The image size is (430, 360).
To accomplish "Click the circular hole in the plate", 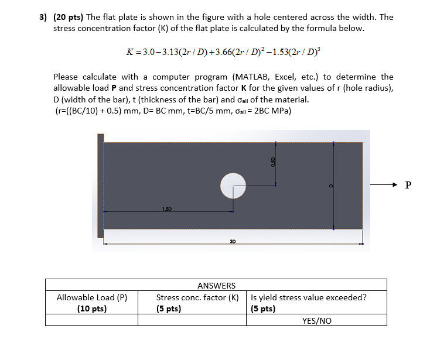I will [x=233, y=186].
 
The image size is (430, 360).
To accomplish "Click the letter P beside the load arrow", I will [x=408, y=186].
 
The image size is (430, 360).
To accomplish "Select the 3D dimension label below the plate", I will [x=233, y=240].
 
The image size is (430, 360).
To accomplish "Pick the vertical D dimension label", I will [x=330, y=186].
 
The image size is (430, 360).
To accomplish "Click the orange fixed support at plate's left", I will [x=101, y=186].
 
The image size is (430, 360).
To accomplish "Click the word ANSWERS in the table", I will [x=216, y=286].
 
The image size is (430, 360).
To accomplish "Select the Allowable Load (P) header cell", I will [x=92, y=303].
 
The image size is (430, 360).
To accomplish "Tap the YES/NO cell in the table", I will [x=316, y=321].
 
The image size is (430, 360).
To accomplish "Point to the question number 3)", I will [x=43, y=17].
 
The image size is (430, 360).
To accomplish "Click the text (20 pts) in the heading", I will [x=69, y=17].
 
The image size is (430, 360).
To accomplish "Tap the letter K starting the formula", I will [x=130, y=52].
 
